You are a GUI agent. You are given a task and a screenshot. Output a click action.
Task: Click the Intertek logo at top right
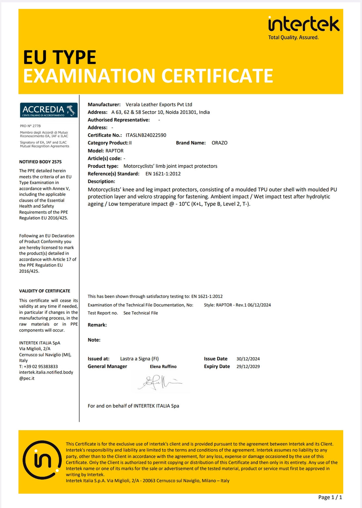[x=304, y=24]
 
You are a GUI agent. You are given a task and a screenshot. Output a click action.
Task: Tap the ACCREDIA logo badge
[x=49, y=110]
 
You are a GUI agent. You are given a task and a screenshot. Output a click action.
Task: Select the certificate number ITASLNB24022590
[x=146, y=135]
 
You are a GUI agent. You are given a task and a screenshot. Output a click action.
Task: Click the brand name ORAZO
[x=219, y=143]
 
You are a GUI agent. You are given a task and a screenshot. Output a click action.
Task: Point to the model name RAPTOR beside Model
[x=114, y=151]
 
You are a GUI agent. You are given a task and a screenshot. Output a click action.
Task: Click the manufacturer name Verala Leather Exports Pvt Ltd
[x=159, y=105]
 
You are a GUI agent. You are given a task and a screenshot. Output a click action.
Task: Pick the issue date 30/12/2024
[x=248, y=359]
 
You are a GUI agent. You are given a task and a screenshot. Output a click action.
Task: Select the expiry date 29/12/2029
[x=248, y=366]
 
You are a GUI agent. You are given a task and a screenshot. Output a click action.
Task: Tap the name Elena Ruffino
[x=163, y=366]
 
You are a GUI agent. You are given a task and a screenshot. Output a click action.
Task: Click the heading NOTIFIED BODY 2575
[x=40, y=162]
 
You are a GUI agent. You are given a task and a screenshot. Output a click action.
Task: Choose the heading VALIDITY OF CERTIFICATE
[x=45, y=291]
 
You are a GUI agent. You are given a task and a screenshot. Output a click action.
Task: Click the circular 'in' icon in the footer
[x=42, y=460]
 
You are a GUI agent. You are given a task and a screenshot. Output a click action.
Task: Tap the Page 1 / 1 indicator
[x=330, y=497]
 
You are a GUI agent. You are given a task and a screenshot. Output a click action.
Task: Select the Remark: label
[x=97, y=325]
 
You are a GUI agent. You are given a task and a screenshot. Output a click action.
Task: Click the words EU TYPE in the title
[x=59, y=57]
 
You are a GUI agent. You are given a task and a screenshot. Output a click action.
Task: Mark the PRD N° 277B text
[x=30, y=126]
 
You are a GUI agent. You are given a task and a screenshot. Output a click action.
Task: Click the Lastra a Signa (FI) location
[x=139, y=359]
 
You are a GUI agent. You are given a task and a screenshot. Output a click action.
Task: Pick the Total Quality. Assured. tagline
[x=293, y=37]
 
